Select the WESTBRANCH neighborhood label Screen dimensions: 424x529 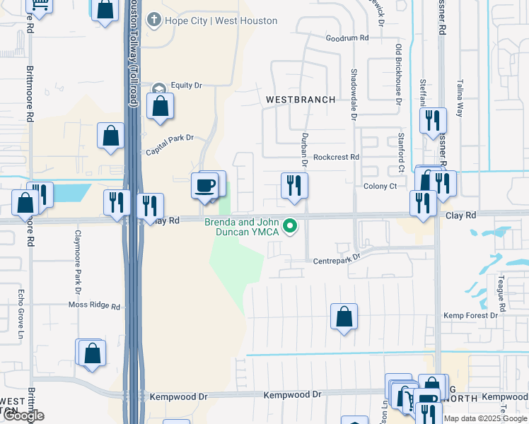[x=301, y=100]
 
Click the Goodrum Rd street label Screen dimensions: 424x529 [x=347, y=38]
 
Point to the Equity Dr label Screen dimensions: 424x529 [x=186, y=86]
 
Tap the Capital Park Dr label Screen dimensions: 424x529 [x=170, y=143]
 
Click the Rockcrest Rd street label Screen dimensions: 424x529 [x=336, y=157]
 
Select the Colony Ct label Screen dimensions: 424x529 [x=380, y=186]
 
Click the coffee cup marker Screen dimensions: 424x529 [x=205, y=186]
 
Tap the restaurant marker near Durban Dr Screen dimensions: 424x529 [x=294, y=186]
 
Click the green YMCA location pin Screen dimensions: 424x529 [x=289, y=227]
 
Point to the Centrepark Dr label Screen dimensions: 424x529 [x=337, y=261]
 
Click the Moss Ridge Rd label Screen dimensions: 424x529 [x=94, y=306]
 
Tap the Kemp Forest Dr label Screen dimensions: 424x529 [x=470, y=315]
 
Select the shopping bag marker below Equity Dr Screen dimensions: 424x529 [x=161, y=107]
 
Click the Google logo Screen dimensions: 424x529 [x=24, y=416]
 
